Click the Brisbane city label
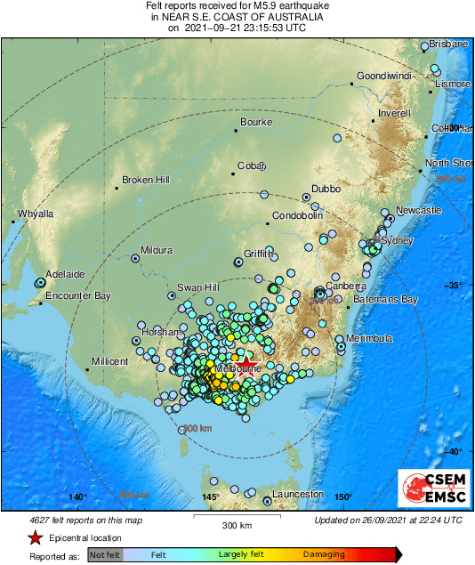(448, 44)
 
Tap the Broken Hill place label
(145, 180)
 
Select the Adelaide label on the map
(65, 274)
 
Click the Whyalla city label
(36, 214)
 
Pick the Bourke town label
(256, 123)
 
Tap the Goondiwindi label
(385, 76)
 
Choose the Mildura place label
(156, 250)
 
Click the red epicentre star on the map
(247, 364)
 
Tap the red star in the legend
(35, 537)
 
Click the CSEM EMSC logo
(431, 488)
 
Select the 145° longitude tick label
(211, 496)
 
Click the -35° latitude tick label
(454, 285)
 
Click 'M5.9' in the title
(253, 5)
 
